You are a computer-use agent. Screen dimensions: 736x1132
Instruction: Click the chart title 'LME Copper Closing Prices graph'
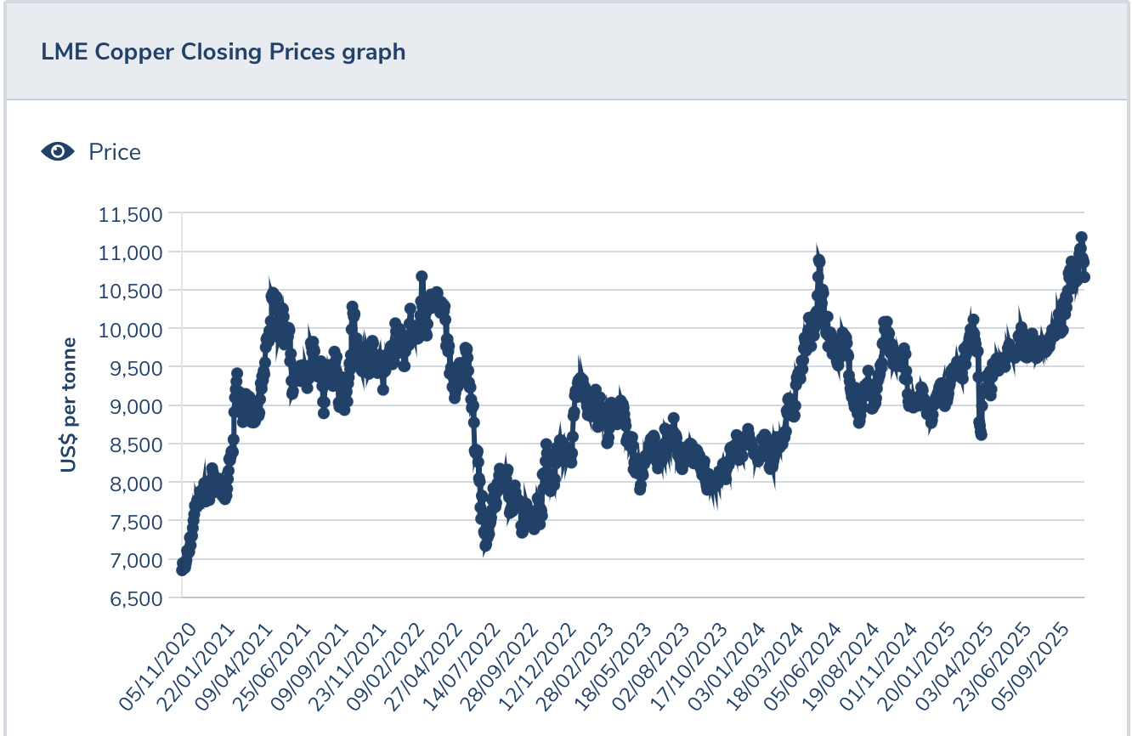coord(223,52)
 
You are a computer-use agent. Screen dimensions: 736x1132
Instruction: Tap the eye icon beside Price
coord(58,151)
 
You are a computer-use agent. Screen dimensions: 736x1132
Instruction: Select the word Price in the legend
coord(115,152)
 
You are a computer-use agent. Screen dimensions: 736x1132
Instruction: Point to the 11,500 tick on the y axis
coord(131,213)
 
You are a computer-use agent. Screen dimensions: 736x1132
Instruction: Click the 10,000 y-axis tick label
coord(131,329)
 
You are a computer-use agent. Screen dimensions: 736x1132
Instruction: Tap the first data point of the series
coord(182,569)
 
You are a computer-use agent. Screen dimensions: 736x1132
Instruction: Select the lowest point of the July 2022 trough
coord(485,545)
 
